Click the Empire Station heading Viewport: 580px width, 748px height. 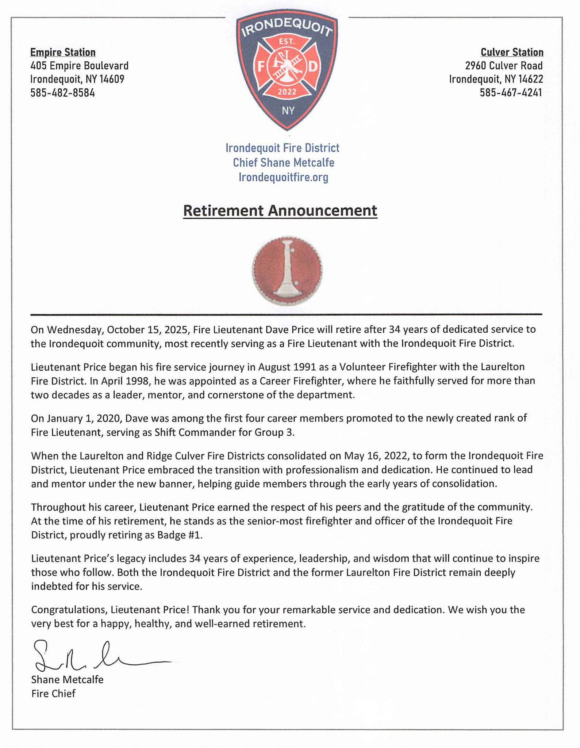[63, 52]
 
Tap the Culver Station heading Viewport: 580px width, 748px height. [512, 52]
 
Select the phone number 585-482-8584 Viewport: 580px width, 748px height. [62, 93]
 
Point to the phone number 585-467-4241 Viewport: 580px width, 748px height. [511, 93]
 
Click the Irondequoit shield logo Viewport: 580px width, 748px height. [287, 69]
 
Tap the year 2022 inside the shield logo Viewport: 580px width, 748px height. [287, 92]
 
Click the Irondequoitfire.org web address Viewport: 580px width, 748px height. [283, 178]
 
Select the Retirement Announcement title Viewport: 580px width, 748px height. [280, 211]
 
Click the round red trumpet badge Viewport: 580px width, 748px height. [287, 271]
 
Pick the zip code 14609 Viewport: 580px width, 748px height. [112, 79]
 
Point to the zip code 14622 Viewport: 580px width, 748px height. [531, 79]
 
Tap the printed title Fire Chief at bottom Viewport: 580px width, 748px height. [53, 693]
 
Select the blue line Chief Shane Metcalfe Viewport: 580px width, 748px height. [283, 163]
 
